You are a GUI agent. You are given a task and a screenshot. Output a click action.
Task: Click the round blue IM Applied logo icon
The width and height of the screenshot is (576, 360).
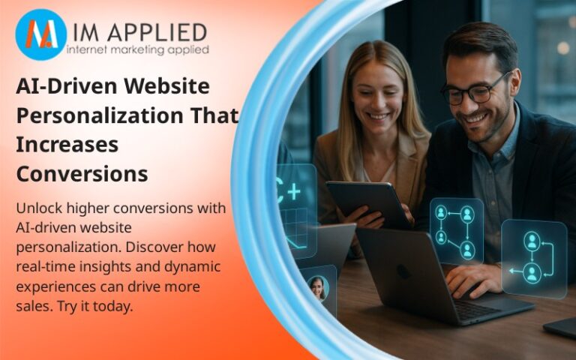click(40, 34)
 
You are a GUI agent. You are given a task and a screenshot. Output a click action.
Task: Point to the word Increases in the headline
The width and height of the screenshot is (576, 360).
click(67, 145)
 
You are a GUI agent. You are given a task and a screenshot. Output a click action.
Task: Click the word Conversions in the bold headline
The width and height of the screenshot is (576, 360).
click(82, 174)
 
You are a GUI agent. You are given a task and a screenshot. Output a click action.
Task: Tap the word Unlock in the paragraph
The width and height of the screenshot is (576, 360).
click(40, 208)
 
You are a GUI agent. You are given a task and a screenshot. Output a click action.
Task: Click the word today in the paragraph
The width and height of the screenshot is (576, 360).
click(113, 306)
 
